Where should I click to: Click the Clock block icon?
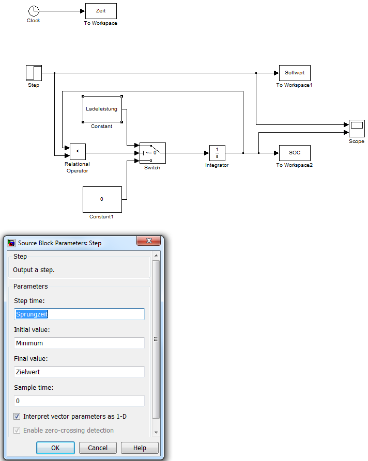tap(34, 11)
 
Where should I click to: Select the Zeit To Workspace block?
tap(101, 11)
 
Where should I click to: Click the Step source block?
tap(34, 73)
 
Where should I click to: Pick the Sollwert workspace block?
tap(295, 73)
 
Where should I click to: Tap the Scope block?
tap(357, 125)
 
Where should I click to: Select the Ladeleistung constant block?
tap(102, 109)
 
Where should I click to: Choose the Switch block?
tap(152, 153)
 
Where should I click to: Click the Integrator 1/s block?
tap(217, 153)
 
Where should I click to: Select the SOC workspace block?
tap(295, 153)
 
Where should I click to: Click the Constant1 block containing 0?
tap(102, 199)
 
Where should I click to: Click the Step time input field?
tap(79, 314)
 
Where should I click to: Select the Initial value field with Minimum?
tap(79, 343)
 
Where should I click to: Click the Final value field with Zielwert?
tap(79, 372)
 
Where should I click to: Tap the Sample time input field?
tap(79, 401)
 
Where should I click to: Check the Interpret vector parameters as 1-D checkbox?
tap(17, 416)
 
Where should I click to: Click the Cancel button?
tap(97, 448)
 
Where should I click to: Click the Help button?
tap(140, 448)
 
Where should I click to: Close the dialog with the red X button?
tap(150, 241)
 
